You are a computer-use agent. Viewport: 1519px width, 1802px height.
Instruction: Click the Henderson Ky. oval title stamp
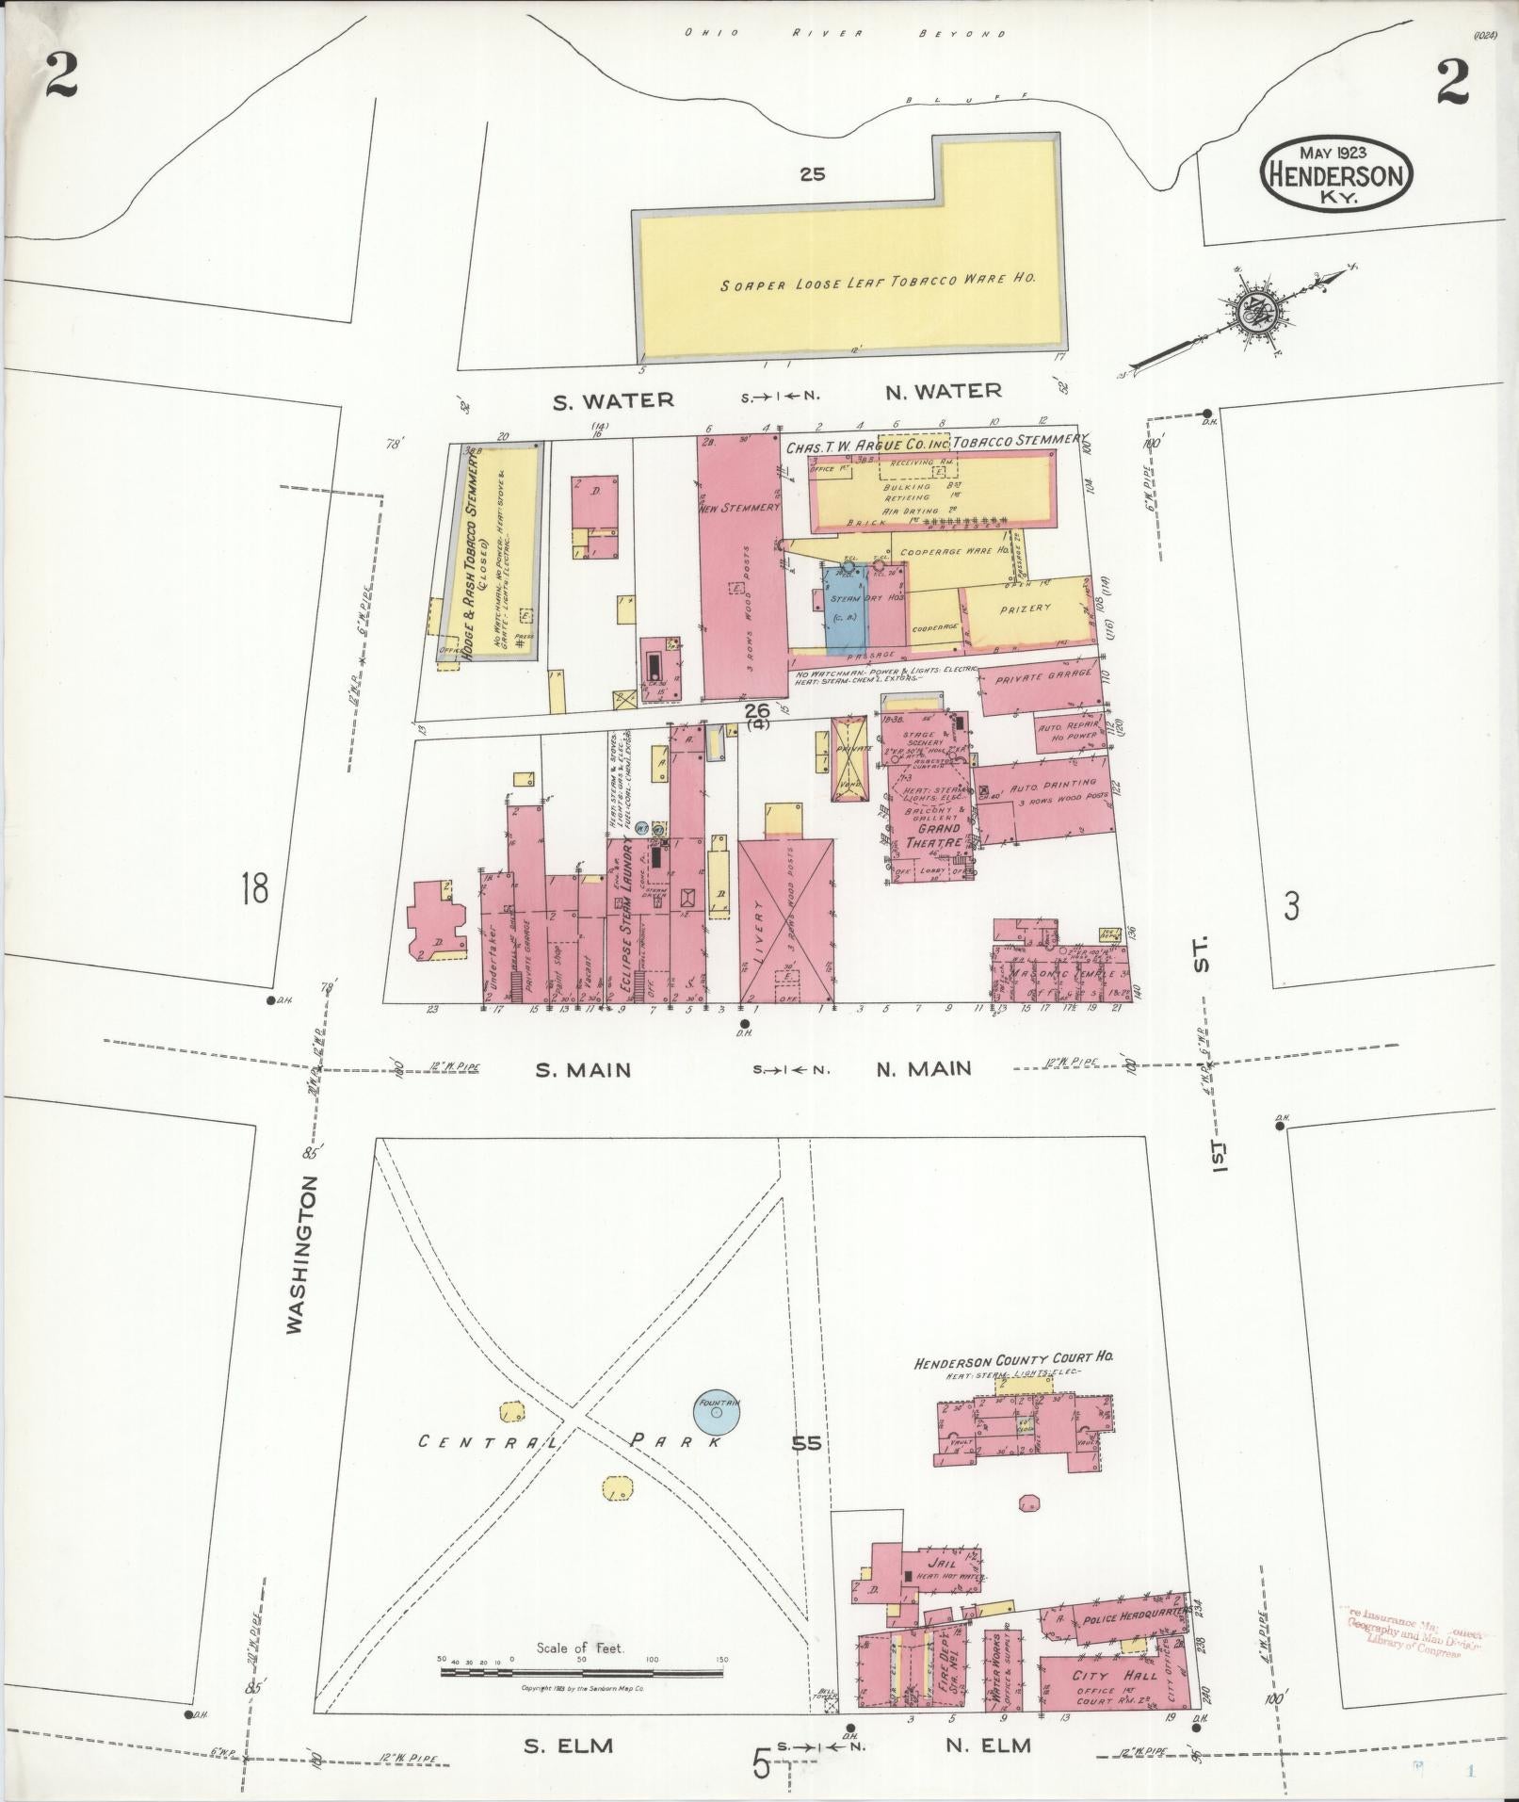[1336, 175]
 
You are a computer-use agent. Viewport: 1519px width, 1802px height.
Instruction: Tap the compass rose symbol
[1253, 312]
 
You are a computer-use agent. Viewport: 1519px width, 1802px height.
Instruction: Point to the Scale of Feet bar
[582, 1673]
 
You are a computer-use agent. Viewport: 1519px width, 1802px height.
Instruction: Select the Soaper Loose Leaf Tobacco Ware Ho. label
[879, 281]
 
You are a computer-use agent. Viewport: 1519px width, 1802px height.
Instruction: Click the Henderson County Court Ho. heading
[1014, 1359]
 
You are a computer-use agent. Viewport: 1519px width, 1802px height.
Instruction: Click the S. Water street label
[613, 400]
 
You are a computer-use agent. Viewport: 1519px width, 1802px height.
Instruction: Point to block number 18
[253, 888]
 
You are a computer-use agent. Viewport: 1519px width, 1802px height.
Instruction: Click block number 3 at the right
[1292, 906]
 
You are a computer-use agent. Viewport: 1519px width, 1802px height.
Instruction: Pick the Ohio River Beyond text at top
[844, 34]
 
